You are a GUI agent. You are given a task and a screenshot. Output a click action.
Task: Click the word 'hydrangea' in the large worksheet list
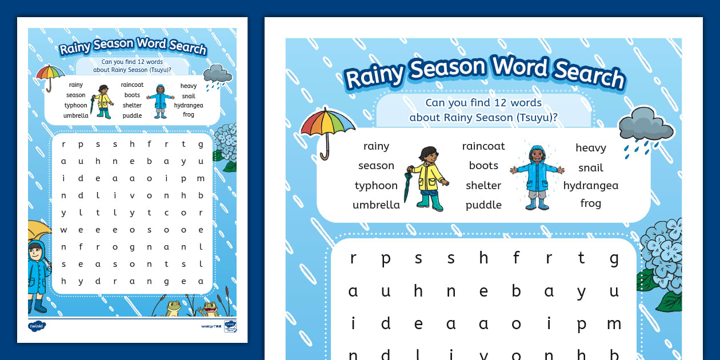590,186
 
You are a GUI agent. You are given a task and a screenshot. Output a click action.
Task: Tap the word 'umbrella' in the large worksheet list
376,205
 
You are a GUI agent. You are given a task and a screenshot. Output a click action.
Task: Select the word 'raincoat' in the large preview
483,146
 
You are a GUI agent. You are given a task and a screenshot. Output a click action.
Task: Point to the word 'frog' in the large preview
590,203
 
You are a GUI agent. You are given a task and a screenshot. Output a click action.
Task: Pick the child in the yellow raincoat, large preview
427,178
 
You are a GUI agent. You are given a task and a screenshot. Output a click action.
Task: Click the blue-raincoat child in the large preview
537,177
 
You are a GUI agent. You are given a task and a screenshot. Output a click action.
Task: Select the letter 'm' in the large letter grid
614,323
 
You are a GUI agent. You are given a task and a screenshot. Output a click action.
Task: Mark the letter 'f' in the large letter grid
516,258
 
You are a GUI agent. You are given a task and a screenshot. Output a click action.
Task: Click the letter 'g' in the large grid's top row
614,258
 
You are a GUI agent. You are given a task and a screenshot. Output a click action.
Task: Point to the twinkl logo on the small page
37,326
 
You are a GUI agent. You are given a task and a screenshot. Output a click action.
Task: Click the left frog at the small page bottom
173,308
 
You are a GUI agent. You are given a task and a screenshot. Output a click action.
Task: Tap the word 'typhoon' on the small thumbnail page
76,105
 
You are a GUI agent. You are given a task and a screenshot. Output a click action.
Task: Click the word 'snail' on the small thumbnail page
189,96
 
